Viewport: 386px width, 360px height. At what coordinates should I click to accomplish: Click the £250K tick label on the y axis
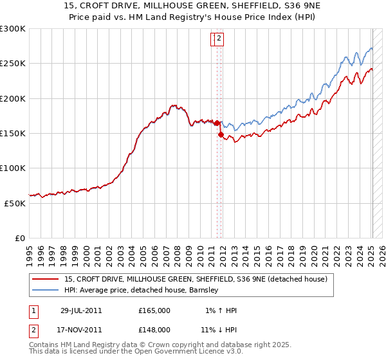13,64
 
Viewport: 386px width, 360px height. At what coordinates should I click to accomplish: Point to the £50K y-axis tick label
15,203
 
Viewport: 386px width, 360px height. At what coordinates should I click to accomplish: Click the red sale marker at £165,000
217,123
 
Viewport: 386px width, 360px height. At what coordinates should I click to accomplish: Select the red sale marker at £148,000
221,135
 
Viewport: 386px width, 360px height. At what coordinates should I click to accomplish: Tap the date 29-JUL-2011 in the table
81,310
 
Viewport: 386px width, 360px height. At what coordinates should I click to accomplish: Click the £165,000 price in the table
154,310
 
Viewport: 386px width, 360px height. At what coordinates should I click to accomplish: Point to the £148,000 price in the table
154,330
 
